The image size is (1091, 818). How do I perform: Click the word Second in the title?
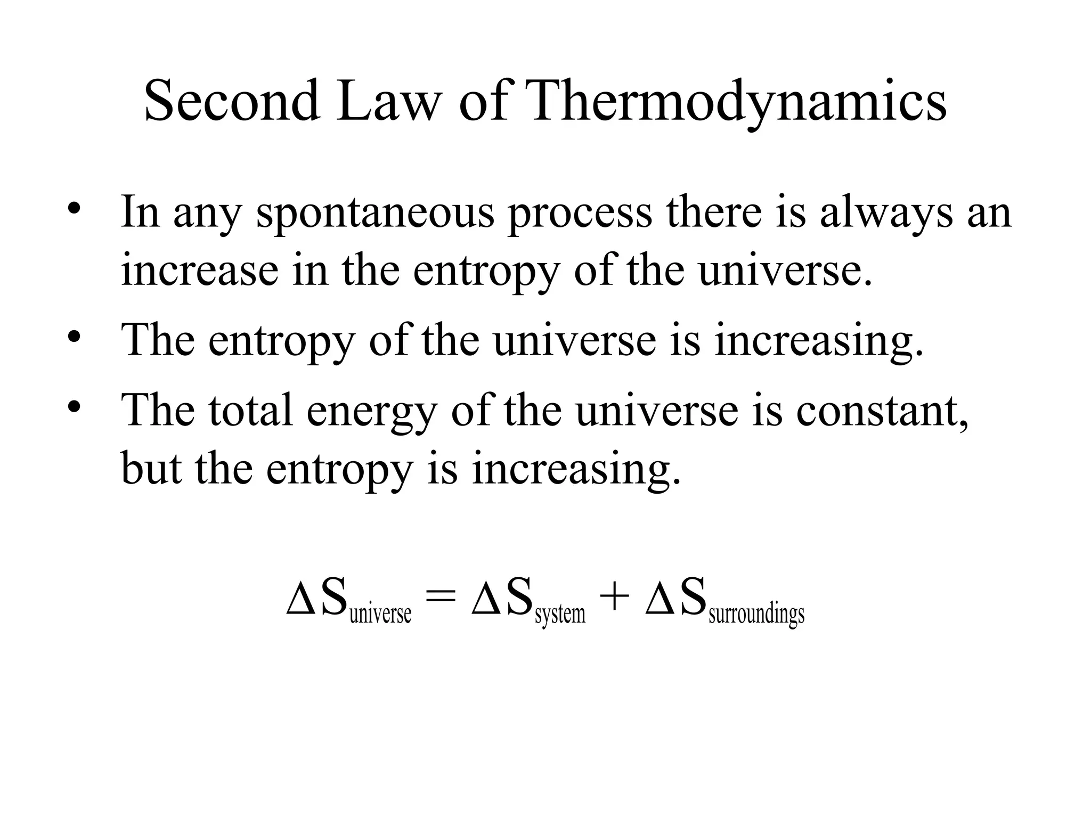coord(232,101)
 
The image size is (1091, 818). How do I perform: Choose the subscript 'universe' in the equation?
coord(380,614)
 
